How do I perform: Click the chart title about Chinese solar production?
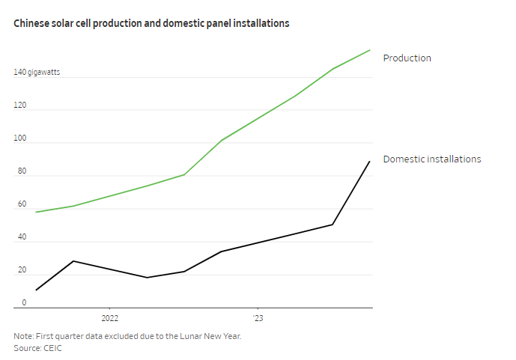coord(151,24)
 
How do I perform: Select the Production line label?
coord(407,58)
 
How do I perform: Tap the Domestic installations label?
coord(431,159)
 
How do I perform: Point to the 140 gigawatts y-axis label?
coord(37,73)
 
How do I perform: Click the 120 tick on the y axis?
coord(19,106)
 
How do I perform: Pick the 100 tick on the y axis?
coord(19,138)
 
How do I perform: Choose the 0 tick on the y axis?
coord(23,303)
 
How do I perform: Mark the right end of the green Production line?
coord(370,50)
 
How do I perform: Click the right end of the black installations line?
coord(370,161)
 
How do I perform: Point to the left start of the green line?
coord(36,212)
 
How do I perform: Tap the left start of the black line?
coord(36,290)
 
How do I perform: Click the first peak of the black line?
coord(73,260)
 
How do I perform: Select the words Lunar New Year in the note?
coord(210,336)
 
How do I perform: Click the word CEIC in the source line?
coord(55,348)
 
